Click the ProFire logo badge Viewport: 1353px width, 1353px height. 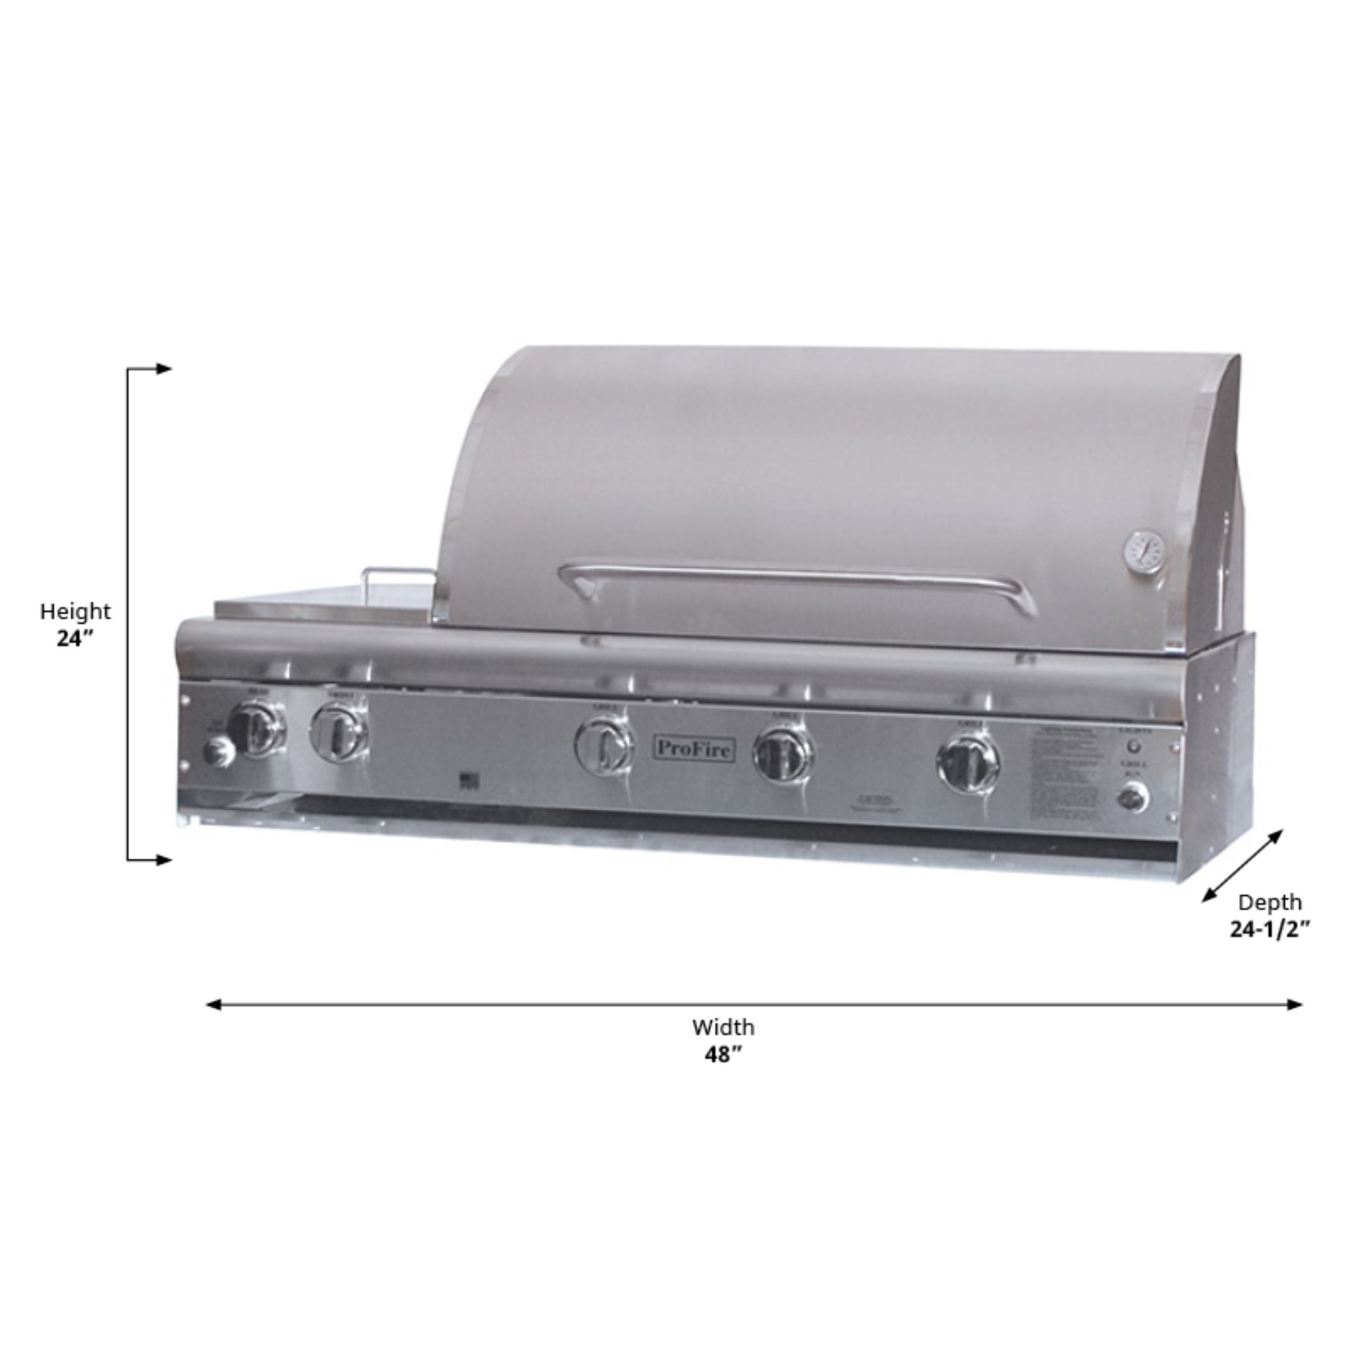click(x=694, y=749)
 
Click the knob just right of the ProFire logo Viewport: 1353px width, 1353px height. click(x=783, y=755)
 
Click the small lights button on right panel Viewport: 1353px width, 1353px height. click(x=1134, y=747)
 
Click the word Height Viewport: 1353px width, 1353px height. click(x=75, y=611)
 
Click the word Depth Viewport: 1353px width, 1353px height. click(x=1270, y=902)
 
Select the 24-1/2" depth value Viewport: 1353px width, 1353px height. click(x=1270, y=930)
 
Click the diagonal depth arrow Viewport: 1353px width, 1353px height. click(x=1243, y=866)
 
